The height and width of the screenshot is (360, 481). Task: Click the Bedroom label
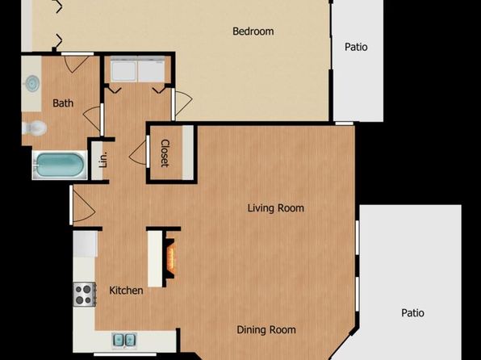pyautogui.click(x=253, y=31)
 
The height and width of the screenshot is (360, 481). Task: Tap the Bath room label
pyautogui.click(x=63, y=103)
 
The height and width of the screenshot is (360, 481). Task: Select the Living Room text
pyautogui.click(x=276, y=208)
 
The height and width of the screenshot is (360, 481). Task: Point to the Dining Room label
pyautogui.click(x=266, y=330)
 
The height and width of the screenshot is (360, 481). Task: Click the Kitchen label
pyautogui.click(x=126, y=291)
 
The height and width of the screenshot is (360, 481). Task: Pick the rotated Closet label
pyautogui.click(x=165, y=153)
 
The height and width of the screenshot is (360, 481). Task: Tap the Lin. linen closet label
pyautogui.click(x=103, y=159)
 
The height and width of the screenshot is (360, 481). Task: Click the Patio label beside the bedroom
pyautogui.click(x=356, y=47)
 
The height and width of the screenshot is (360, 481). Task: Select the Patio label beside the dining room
pyautogui.click(x=413, y=313)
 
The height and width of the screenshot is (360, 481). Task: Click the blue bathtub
pyautogui.click(x=60, y=165)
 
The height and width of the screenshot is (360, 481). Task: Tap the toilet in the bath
pyautogui.click(x=35, y=128)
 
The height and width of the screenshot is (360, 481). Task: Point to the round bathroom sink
pyautogui.click(x=32, y=83)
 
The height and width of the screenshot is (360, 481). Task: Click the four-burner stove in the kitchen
pyautogui.click(x=84, y=294)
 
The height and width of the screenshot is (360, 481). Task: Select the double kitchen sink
pyautogui.click(x=124, y=340)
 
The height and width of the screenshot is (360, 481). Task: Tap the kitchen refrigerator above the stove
pyautogui.click(x=86, y=244)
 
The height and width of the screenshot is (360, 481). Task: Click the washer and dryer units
pyautogui.click(x=138, y=69)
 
